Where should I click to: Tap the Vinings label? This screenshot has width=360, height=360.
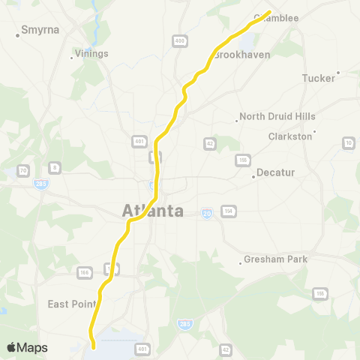pyautogui.click(x=91, y=53)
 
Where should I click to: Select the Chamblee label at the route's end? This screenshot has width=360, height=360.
pyautogui.click(x=280, y=18)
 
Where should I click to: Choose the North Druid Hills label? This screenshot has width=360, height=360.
pyautogui.click(x=277, y=116)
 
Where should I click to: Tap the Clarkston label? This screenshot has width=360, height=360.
pyautogui.click(x=290, y=136)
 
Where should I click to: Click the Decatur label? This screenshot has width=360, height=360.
pyautogui.click(x=273, y=172)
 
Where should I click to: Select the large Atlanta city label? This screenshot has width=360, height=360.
pyautogui.click(x=153, y=211)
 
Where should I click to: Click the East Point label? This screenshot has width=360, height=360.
pyautogui.click(x=72, y=304)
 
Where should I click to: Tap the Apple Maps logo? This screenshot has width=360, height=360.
pyautogui.click(x=27, y=347)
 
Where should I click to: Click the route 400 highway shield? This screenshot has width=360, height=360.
pyautogui.click(x=178, y=41)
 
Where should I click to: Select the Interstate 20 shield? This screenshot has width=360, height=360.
pyautogui.click(x=206, y=213)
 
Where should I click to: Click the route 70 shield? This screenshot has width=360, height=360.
pyautogui.click(x=23, y=171)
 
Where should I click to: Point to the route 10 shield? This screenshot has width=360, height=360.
pyautogui.click(x=349, y=142)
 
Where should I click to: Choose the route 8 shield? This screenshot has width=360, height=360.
pyautogui.click(x=55, y=167)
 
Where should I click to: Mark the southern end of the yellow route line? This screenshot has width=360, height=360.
pyautogui.click(x=94, y=347)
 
